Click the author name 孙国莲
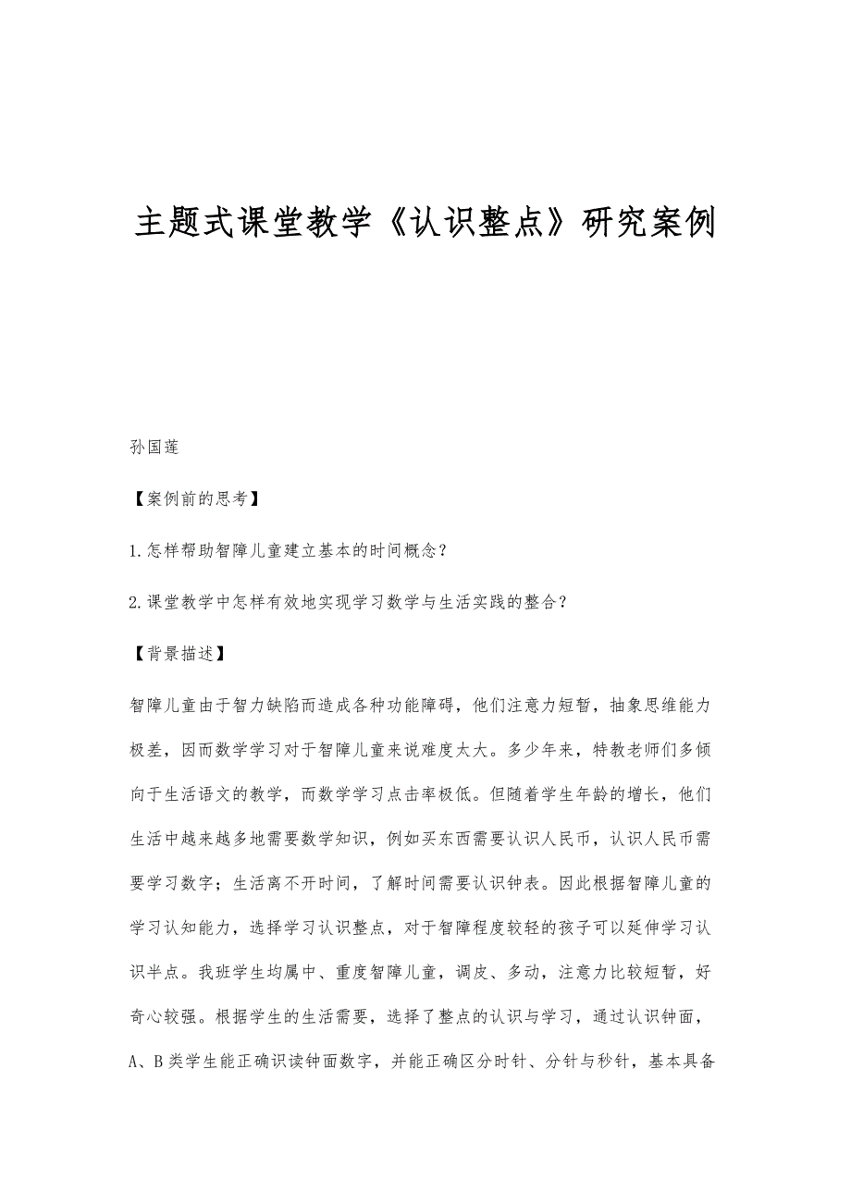(154, 448)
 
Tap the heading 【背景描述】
(173, 653)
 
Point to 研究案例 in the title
(647, 223)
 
